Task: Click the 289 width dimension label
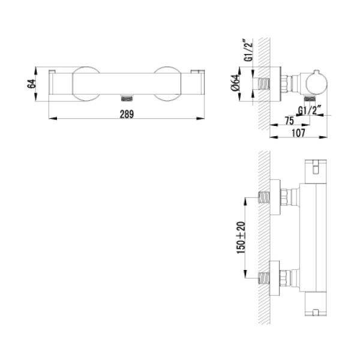tap(127, 114)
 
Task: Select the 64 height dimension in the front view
tap(31, 83)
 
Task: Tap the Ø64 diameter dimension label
tap(236, 83)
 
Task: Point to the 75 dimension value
tap(289, 121)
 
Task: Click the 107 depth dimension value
tap(298, 133)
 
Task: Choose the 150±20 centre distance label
tap(241, 238)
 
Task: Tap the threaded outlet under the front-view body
tap(127, 98)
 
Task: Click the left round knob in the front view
tap(86, 84)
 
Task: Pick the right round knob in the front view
tap(167, 84)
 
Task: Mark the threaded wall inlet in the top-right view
tap(264, 84)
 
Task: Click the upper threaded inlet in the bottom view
tap(264, 197)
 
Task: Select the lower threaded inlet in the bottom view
tap(264, 278)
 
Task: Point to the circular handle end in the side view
tap(317, 83)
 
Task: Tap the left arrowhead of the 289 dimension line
tap(53, 118)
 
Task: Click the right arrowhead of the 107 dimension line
tap(323, 137)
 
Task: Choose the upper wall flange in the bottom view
tap(275, 197)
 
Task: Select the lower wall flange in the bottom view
tap(275, 278)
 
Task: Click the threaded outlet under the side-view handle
tap(310, 99)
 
